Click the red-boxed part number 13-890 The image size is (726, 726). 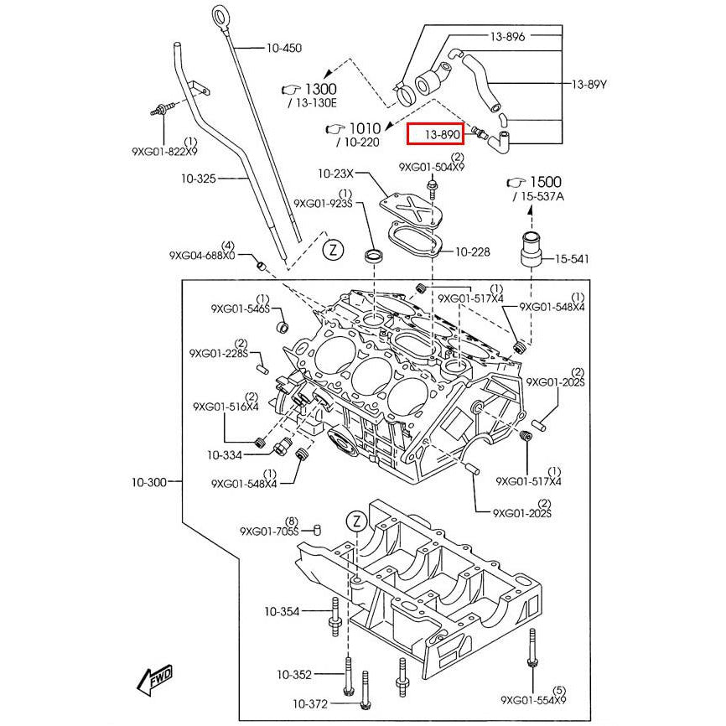(441, 133)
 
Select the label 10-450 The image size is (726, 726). (283, 49)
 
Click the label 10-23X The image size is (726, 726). (335, 174)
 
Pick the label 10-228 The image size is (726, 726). (472, 252)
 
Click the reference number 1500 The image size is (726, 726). (544, 182)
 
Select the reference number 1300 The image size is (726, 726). (319, 89)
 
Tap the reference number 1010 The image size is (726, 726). (365, 128)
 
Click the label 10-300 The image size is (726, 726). (148, 482)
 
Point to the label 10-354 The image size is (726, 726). (282, 611)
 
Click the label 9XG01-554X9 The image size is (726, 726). (533, 699)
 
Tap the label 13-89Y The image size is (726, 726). (589, 84)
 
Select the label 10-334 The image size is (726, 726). (225, 455)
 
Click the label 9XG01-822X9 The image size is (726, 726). (164, 152)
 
